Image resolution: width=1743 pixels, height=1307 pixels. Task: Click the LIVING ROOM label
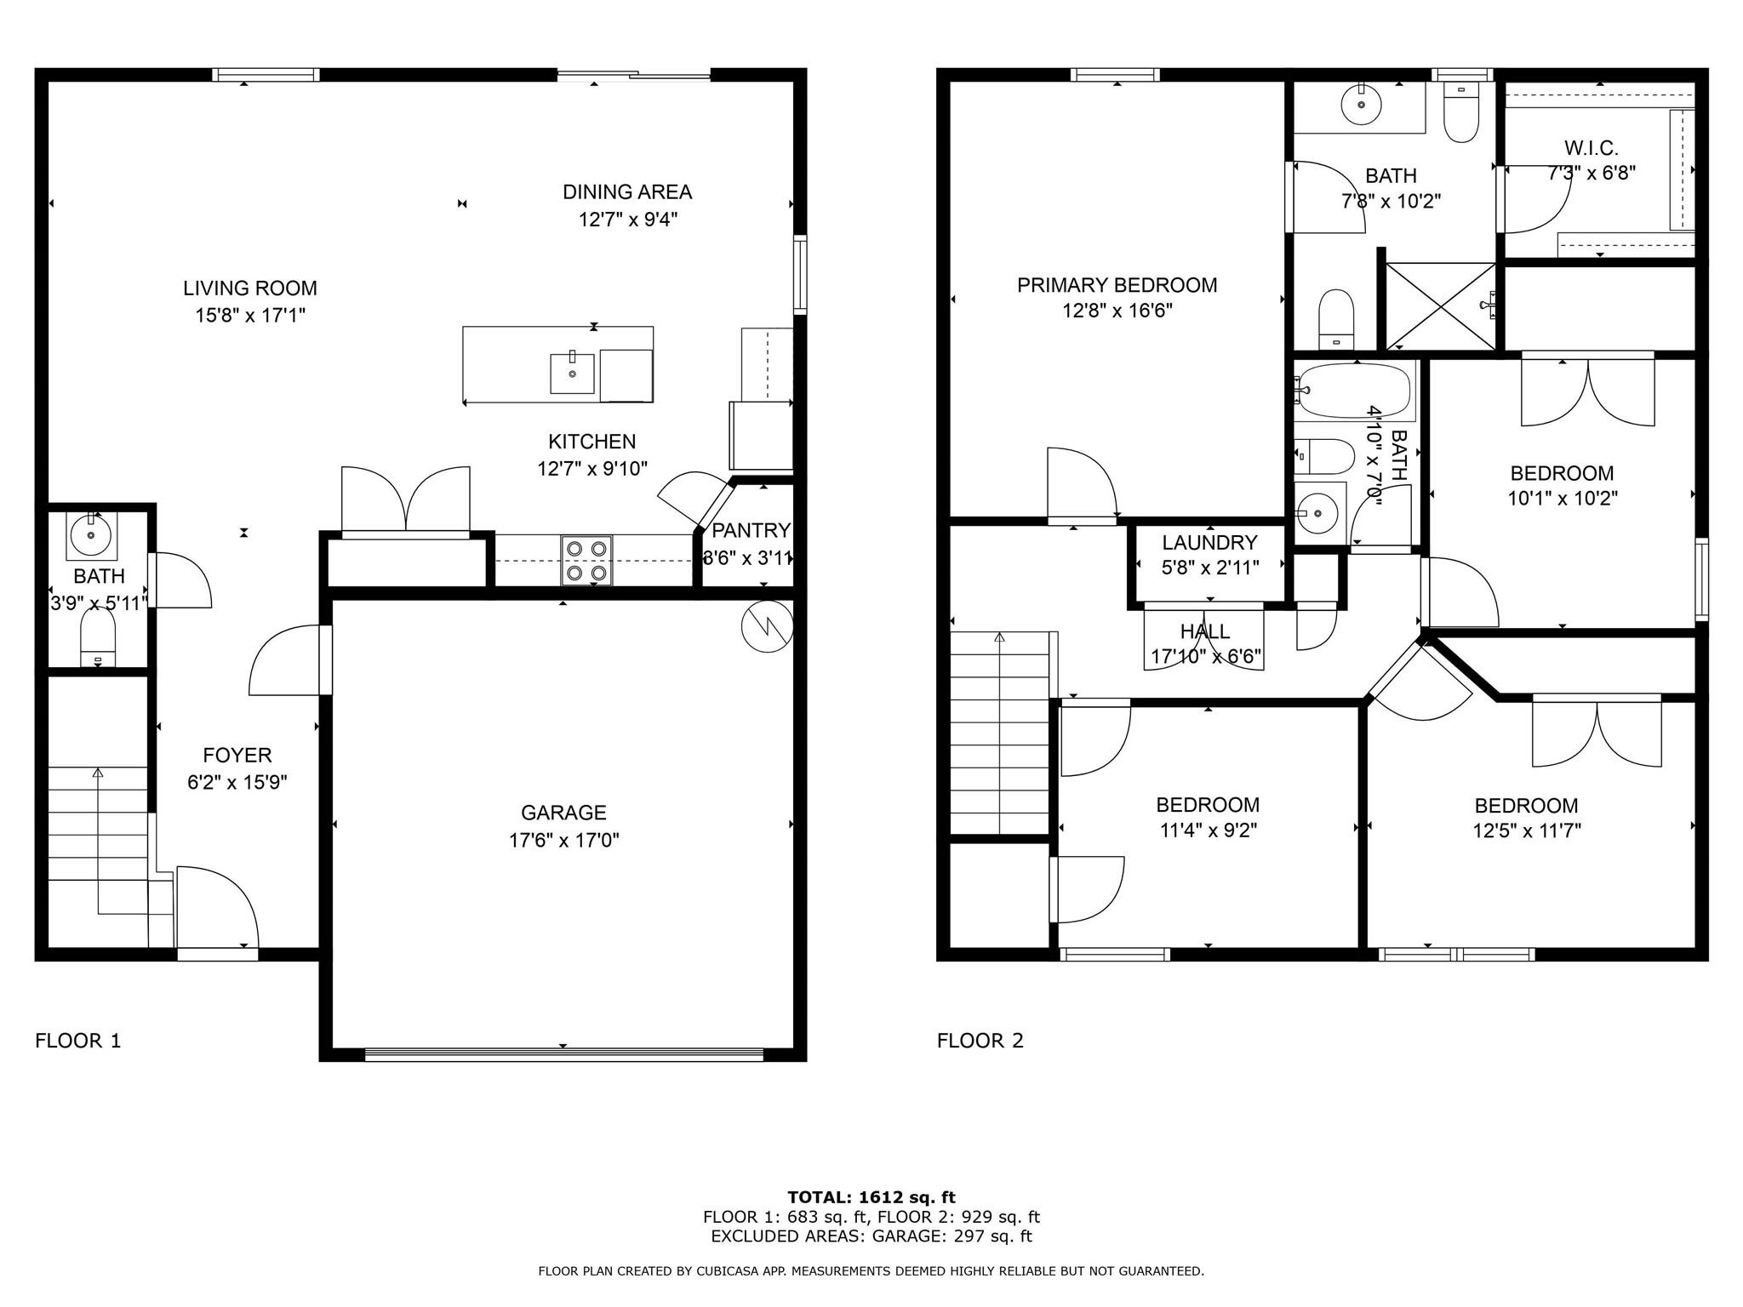249,288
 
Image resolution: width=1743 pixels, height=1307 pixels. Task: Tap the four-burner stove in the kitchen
586,561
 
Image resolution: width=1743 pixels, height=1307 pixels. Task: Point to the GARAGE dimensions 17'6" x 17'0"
563,841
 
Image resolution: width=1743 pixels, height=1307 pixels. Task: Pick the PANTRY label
751,531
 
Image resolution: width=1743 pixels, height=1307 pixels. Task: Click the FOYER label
237,755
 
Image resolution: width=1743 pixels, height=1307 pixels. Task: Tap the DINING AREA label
627,192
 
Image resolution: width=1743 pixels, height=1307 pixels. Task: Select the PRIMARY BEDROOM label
1117,285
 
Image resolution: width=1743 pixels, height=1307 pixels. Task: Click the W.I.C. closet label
1590,148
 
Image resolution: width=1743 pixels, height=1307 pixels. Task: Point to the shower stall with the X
1440,306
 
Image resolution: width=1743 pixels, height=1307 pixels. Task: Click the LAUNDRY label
1209,542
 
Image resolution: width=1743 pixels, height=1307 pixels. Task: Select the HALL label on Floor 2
1204,631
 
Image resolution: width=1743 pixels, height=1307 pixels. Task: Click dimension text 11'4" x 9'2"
1208,830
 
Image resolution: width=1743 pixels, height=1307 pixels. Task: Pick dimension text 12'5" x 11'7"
1526,830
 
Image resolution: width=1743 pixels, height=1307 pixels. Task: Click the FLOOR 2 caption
980,1041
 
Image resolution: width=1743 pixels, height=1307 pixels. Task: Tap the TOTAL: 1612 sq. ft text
871,1197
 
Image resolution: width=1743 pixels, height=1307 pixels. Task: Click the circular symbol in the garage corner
767,628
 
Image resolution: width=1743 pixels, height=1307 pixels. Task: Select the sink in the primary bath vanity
1361,105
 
